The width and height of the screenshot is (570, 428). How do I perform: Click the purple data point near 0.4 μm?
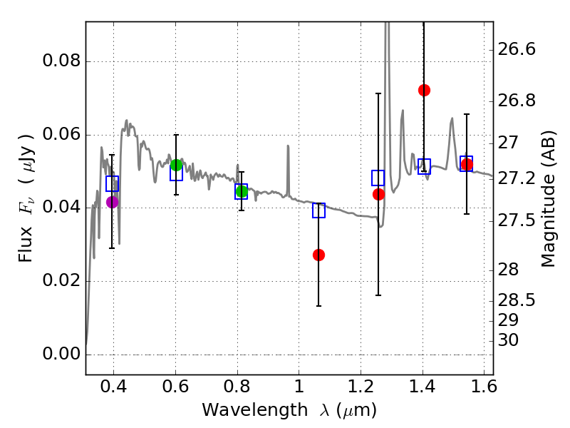[112, 202]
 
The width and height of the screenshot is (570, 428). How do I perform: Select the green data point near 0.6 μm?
[177, 165]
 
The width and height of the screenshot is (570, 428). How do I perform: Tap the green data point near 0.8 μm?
[242, 191]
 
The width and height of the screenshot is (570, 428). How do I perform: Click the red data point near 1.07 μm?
[318, 255]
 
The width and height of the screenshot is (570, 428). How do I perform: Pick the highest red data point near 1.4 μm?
[424, 90]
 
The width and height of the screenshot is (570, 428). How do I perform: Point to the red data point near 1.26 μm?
[378, 194]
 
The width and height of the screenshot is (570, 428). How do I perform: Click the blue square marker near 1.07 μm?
[318, 210]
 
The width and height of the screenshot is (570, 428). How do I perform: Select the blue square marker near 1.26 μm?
[378, 178]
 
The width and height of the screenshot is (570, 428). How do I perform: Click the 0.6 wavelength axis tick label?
[176, 388]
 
